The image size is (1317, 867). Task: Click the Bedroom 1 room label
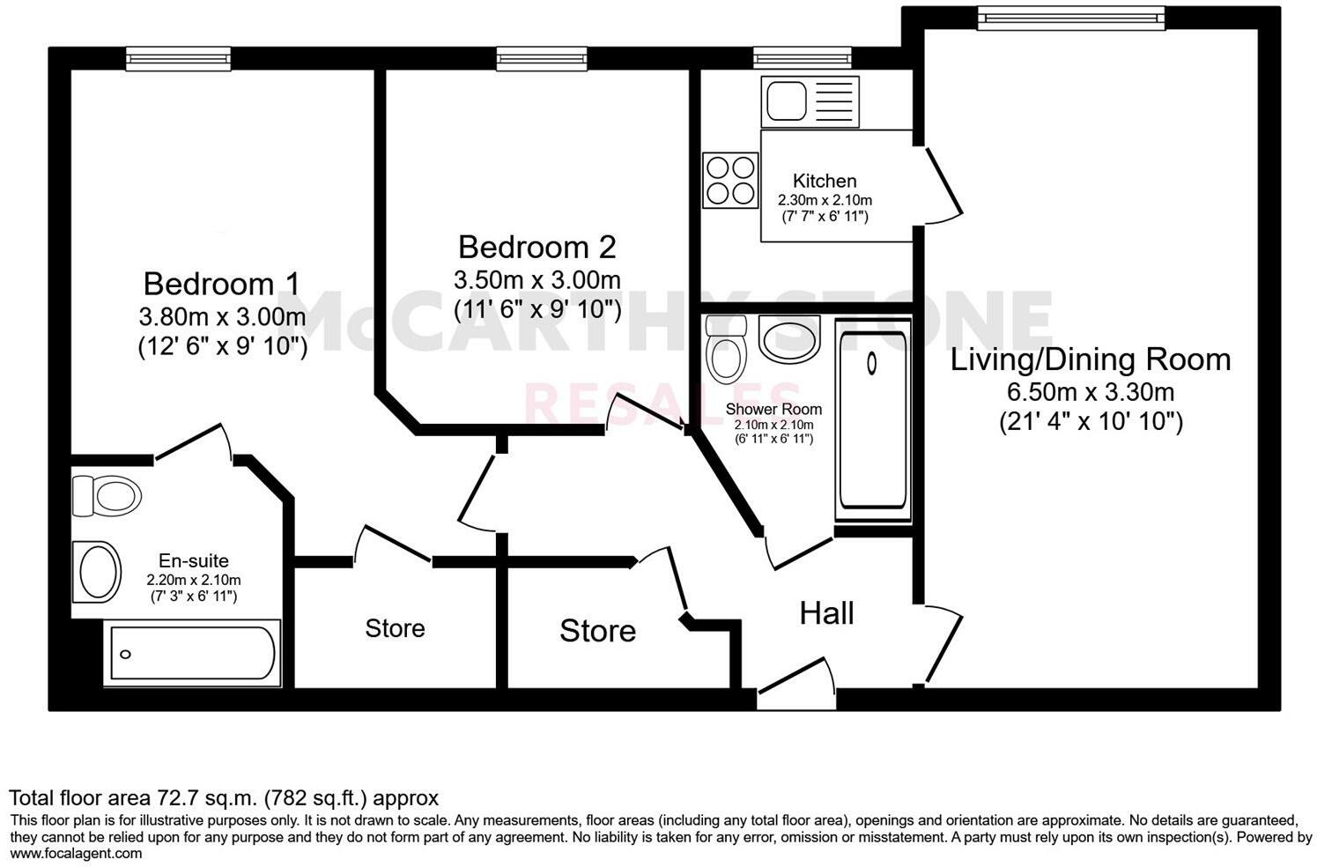click(221, 284)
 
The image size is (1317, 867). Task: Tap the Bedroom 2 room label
click(536, 246)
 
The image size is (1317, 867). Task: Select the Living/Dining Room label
click(1090, 359)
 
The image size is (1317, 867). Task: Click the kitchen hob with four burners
click(730, 181)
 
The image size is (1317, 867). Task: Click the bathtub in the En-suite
click(192, 655)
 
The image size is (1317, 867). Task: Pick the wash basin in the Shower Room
click(788, 337)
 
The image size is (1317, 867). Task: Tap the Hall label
click(826, 613)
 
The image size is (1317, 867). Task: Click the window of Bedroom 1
click(179, 59)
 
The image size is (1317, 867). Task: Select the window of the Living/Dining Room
click(1070, 18)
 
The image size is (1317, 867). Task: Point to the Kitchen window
click(802, 59)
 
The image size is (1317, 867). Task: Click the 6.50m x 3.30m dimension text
click(1091, 392)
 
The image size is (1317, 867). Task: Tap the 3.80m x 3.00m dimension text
click(222, 315)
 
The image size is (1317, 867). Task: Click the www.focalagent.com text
click(76, 853)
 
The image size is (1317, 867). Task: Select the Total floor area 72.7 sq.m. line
click(224, 798)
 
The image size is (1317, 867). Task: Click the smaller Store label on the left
click(395, 628)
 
